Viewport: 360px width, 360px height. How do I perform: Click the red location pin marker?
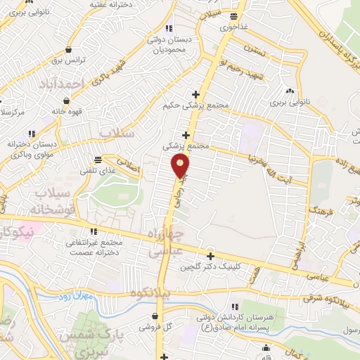pyautogui.click(x=181, y=166)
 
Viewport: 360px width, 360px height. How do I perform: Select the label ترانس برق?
pyautogui.click(x=70, y=60)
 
